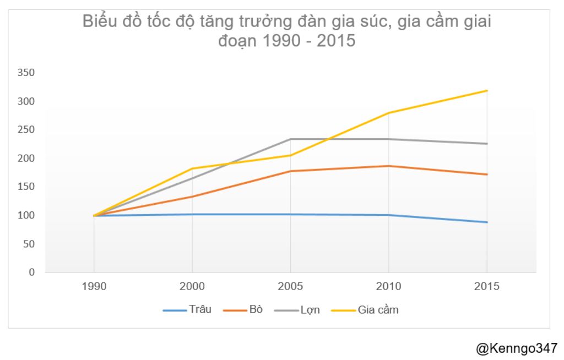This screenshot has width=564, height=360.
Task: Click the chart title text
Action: tap(286, 31)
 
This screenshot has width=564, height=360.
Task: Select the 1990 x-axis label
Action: tap(94, 287)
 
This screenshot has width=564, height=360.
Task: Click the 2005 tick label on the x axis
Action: tap(290, 287)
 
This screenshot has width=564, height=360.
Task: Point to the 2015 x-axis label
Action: tap(487, 287)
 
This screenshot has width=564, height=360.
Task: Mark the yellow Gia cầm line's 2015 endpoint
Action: tap(487, 90)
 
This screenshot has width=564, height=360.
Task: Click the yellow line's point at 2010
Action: tap(389, 113)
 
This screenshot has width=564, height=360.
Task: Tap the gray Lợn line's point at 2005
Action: tap(290, 139)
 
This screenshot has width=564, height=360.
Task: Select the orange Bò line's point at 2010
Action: tap(389, 166)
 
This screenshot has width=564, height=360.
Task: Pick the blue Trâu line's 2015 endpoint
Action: tap(487, 222)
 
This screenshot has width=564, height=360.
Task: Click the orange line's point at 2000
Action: tap(192, 197)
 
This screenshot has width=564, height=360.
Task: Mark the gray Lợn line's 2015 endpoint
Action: tap(487, 144)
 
